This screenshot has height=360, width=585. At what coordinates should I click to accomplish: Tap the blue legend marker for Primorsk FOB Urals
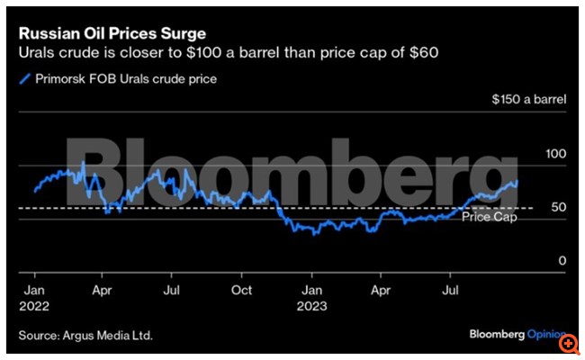pos(23,79)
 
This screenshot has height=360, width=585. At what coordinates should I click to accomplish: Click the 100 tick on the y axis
pos(557,155)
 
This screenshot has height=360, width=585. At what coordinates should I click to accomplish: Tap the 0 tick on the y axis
pos(562,261)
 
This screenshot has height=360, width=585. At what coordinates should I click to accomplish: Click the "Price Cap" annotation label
pos(489,217)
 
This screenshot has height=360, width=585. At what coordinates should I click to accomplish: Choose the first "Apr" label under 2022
pos(103,290)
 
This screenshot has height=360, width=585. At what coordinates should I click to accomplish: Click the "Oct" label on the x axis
pos(242,290)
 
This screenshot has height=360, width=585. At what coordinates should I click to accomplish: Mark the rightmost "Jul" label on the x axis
pos(450,290)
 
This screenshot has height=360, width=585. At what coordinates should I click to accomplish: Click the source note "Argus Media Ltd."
pos(108,336)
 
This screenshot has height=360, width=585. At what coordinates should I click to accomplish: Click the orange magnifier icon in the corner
pos(569,343)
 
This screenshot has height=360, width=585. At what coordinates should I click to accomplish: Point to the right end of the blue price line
pos(517,182)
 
